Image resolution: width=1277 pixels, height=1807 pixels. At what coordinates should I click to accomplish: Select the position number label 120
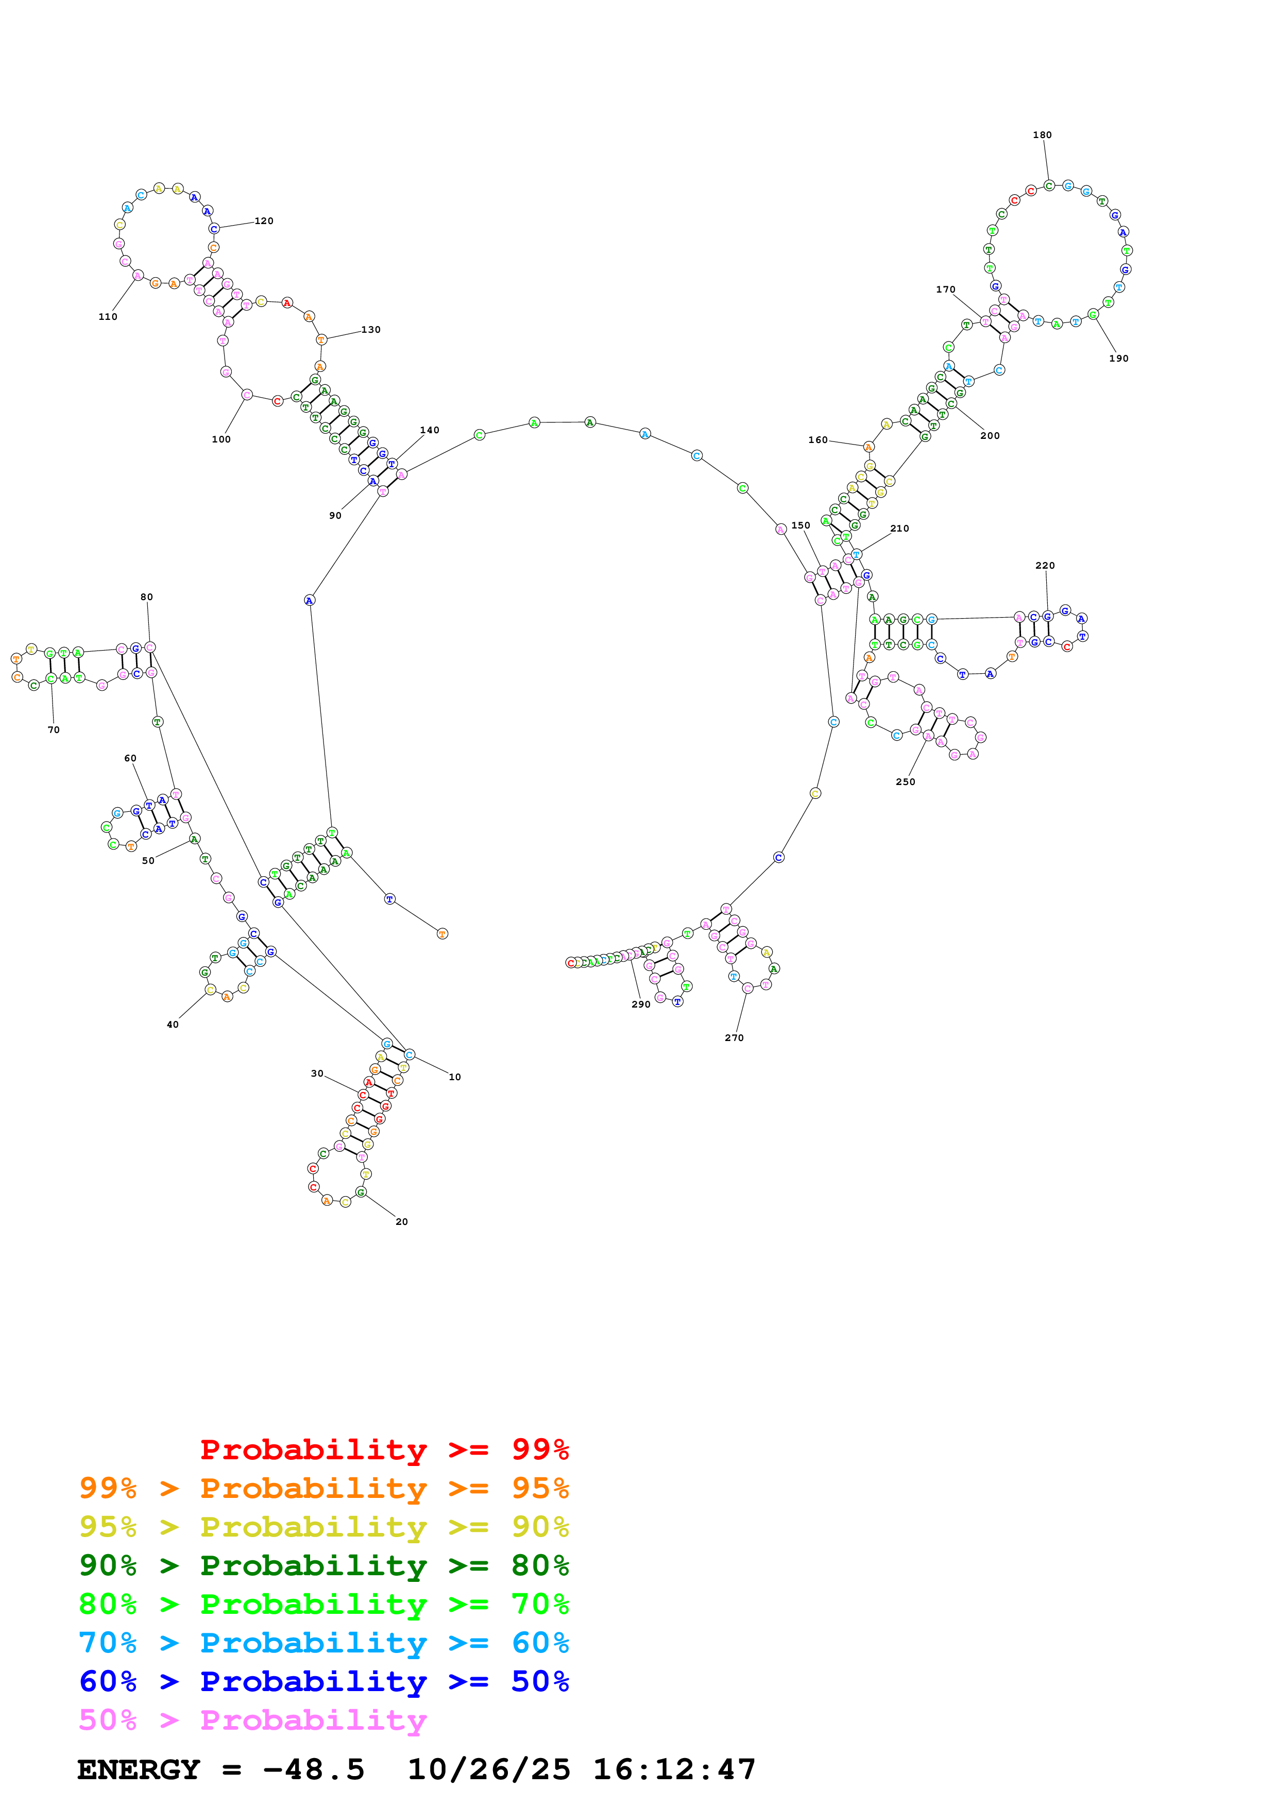264,221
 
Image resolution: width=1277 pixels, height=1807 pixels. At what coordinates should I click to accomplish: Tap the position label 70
54,729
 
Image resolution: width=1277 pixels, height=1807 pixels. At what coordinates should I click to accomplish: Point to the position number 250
905,781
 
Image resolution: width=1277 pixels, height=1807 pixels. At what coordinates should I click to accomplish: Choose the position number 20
401,1221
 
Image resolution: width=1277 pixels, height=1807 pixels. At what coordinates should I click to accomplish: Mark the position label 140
430,430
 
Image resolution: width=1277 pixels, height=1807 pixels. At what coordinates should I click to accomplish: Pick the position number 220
1045,565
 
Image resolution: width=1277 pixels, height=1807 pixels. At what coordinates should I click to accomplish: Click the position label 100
221,439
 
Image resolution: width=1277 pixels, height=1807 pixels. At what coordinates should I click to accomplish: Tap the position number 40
173,1024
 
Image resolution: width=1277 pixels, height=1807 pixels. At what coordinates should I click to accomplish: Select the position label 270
734,1037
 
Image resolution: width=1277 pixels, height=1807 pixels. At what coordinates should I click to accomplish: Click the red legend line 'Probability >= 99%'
384,1450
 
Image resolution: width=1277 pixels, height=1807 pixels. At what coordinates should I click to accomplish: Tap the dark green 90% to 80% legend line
323,1565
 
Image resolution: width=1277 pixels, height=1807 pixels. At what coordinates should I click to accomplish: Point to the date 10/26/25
489,1769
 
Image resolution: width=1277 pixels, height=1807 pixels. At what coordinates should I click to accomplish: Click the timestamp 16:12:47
673,1769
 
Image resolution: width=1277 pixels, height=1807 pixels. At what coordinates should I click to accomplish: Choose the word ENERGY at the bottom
139,1769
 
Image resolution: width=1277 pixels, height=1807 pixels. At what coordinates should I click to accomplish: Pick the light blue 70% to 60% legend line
323,1643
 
